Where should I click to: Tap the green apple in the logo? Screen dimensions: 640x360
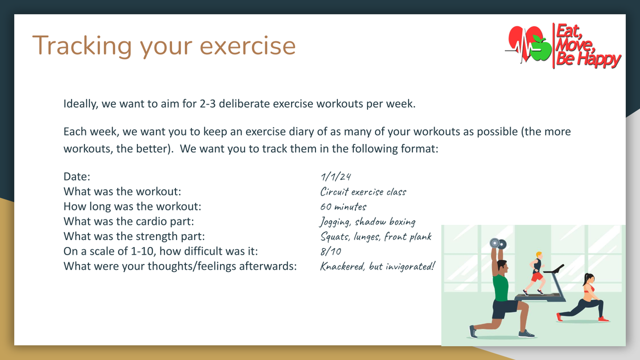click(x=541, y=49)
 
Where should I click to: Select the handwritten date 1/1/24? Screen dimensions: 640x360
click(x=335, y=176)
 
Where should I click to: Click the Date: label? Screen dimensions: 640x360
click(x=77, y=176)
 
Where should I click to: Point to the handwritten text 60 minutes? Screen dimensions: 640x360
click(x=343, y=206)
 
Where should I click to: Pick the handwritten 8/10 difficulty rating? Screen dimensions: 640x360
click(x=331, y=251)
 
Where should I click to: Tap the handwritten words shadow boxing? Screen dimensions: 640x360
click(x=385, y=221)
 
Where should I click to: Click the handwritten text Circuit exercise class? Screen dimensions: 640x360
click(x=363, y=191)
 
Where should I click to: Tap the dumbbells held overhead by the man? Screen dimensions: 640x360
click(x=498, y=243)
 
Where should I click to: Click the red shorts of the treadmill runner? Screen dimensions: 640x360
click(x=537, y=277)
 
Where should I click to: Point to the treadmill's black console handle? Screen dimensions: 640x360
click(x=553, y=269)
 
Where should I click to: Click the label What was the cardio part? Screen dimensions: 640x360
click(x=128, y=221)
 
